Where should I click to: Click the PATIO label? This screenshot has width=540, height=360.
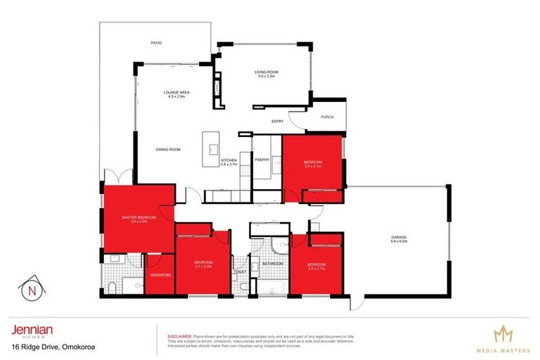point(157,44)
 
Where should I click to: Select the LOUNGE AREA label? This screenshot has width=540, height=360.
point(176,94)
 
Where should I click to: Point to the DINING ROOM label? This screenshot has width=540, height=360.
point(168,149)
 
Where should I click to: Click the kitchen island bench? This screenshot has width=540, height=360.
point(210,148)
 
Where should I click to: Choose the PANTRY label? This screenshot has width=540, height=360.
point(262,160)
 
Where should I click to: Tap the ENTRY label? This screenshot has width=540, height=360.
point(277,122)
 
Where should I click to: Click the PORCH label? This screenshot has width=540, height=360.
point(326,117)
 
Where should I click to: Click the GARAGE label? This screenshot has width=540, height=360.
point(399,238)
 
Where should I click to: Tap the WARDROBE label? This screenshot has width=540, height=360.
point(160,275)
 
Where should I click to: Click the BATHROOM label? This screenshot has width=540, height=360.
point(272,264)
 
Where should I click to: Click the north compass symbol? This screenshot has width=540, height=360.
point(30,288)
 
